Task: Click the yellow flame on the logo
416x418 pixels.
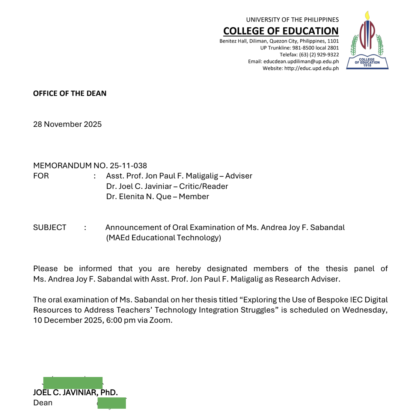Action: click(367, 16)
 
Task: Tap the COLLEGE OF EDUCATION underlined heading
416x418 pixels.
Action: click(281, 31)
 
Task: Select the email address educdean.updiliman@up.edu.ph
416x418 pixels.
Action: click(301, 61)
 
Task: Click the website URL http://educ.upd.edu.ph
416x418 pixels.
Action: click(311, 68)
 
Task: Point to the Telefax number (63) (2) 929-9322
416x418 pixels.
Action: click(319, 54)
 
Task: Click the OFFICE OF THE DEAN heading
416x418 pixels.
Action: click(70, 93)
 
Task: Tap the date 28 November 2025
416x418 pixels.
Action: click(67, 124)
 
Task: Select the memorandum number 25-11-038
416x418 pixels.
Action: click(128, 166)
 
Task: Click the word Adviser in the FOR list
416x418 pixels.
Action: click(239, 176)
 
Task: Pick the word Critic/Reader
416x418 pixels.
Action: click(204, 186)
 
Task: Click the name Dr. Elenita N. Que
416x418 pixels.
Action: click(139, 196)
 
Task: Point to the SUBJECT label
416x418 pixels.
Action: click(50, 227)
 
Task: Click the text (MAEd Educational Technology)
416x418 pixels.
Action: click(164, 238)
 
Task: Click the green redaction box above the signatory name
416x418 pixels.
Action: click(73, 383)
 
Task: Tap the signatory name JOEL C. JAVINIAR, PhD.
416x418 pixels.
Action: click(75, 393)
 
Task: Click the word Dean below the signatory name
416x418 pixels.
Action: click(43, 403)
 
